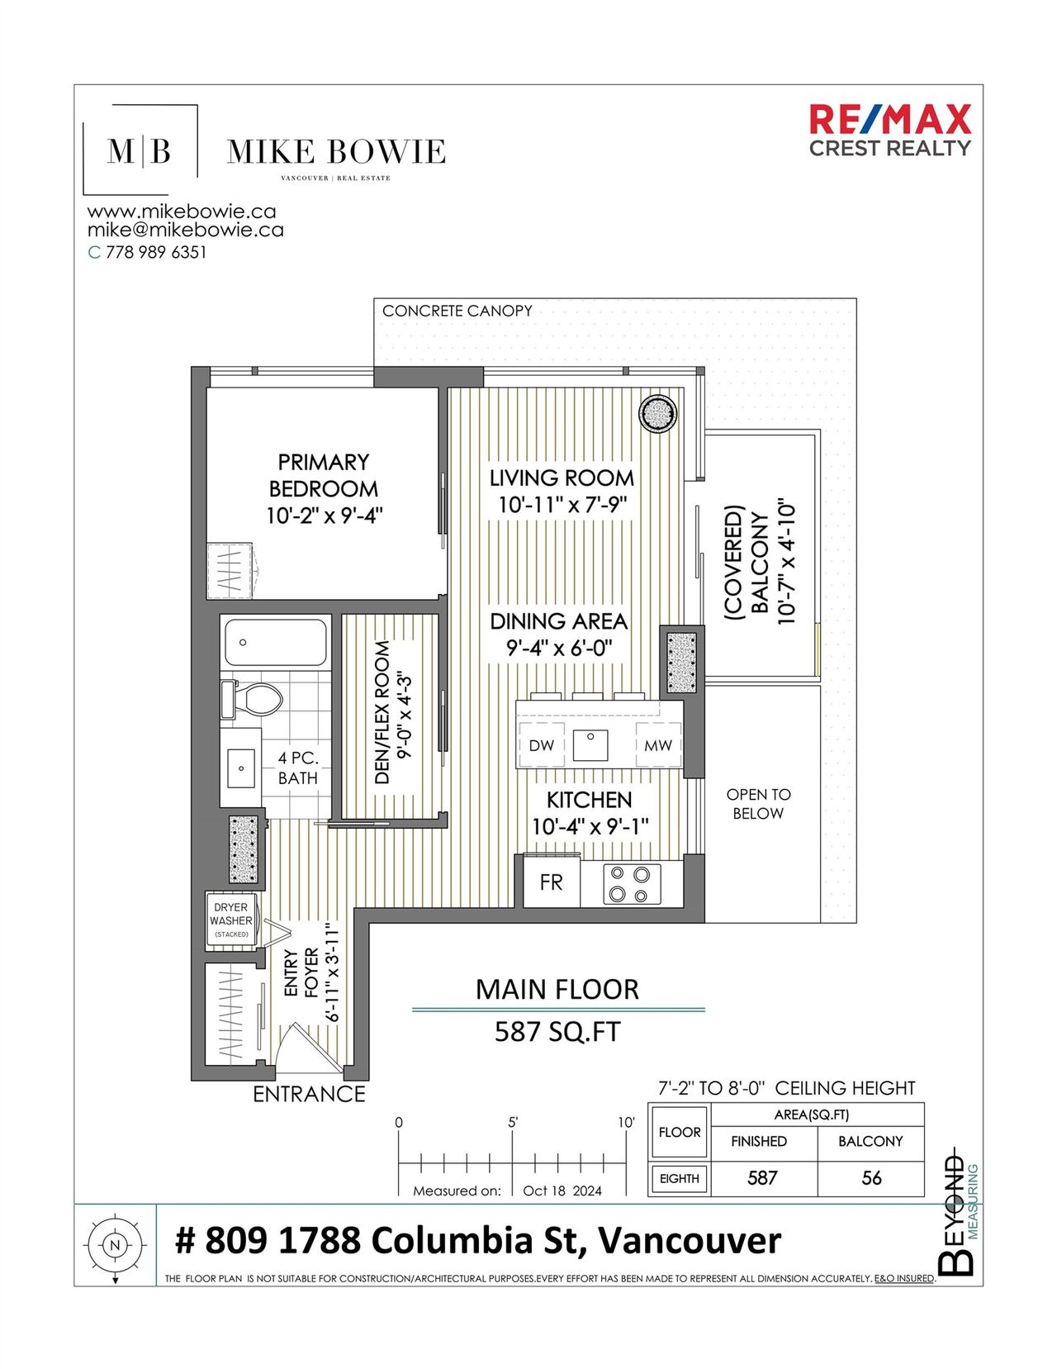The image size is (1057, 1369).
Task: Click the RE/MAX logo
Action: click(889, 131)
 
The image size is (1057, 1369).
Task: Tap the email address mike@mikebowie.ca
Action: click(185, 230)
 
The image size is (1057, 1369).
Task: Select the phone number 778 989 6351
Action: click(155, 252)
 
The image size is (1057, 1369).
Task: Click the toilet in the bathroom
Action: click(252, 699)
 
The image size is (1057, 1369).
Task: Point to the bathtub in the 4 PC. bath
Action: click(276, 642)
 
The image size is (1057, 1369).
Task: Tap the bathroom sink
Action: click(240, 768)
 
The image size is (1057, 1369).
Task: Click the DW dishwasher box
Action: click(542, 745)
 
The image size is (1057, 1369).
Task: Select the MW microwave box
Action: click(658, 745)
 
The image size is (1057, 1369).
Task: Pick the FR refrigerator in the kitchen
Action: click(551, 882)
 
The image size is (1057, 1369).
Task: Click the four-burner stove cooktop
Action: click(632, 884)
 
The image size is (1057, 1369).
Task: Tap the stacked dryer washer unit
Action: click(231, 920)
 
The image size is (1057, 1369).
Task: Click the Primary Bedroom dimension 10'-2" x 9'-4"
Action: click(325, 516)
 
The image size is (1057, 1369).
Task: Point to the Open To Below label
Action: click(758, 804)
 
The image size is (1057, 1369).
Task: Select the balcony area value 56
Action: click(871, 1177)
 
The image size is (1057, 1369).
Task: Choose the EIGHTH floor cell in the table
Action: click(680, 1178)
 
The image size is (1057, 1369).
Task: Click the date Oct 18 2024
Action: click(562, 1191)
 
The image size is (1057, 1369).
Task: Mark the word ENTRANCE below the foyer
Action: click(309, 1095)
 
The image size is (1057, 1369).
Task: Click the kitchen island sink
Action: click(590, 744)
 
